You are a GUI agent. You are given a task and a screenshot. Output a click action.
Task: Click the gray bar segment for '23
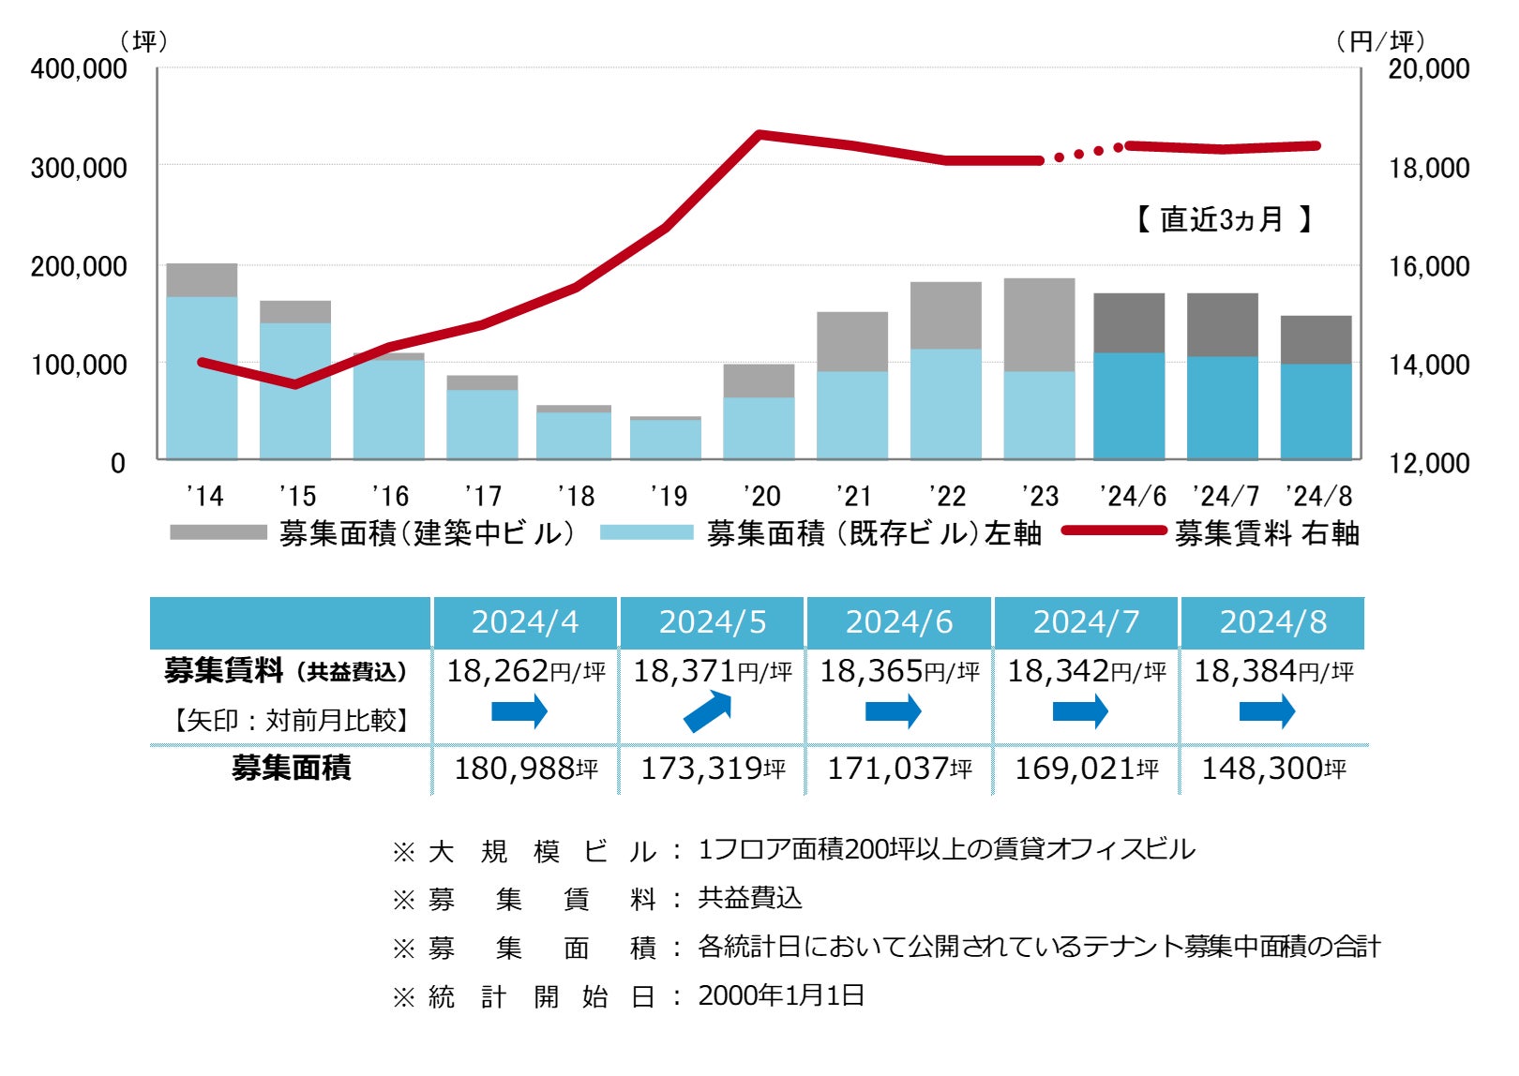(x=1039, y=324)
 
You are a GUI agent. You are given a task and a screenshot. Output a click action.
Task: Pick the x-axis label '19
(x=668, y=496)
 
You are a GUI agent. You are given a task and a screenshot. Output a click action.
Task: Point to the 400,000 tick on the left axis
(x=79, y=68)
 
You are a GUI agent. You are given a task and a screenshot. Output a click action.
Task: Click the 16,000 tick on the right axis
(x=1428, y=266)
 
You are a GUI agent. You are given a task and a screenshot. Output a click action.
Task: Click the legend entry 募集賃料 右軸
(x=1266, y=533)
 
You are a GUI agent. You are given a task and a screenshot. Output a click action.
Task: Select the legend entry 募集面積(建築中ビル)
(x=426, y=533)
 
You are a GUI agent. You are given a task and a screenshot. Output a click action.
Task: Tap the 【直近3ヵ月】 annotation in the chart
(x=1223, y=219)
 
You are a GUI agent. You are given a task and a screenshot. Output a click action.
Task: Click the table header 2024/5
(x=712, y=622)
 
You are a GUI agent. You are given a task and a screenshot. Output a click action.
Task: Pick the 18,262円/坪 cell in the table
(x=525, y=671)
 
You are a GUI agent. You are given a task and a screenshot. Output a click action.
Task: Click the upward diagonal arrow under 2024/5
(x=707, y=711)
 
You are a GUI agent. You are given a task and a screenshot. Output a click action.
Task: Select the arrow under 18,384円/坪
(x=1267, y=711)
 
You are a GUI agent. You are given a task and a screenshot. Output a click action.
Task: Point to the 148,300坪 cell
(x=1272, y=769)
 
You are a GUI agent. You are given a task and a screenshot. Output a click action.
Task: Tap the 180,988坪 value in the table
(x=525, y=769)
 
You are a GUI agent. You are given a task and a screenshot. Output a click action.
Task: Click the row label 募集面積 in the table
(x=291, y=769)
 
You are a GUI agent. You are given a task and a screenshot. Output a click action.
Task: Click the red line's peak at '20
(x=759, y=135)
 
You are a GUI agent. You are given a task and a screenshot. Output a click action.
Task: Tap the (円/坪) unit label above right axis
(x=1380, y=41)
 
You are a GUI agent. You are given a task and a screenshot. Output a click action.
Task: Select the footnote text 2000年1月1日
(x=780, y=995)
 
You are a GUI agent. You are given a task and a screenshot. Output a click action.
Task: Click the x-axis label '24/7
(x=1225, y=496)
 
